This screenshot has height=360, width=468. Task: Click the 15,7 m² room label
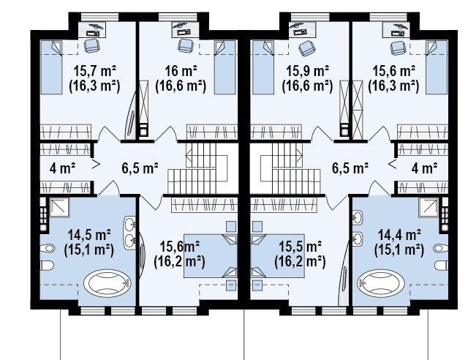[x=94, y=71]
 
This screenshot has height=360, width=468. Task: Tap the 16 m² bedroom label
[x=181, y=71]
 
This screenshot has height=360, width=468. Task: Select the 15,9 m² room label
[x=308, y=71]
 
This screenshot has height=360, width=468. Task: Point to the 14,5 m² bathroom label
[x=89, y=235]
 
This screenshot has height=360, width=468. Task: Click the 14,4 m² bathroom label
[x=399, y=235]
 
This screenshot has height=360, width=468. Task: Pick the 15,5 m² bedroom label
[x=301, y=247]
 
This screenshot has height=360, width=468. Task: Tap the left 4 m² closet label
[x=62, y=168]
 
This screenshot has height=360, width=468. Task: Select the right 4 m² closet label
[x=424, y=168]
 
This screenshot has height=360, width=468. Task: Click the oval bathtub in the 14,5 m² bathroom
[x=107, y=283]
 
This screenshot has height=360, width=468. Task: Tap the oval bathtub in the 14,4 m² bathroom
[x=381, y=282]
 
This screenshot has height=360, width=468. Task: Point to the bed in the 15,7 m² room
[x=51, y=67]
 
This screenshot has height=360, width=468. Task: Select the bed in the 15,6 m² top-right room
[x=437, y=67]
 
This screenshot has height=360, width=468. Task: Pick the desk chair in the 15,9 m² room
[x=306, y=48]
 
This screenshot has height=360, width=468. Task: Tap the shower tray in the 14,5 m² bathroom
[x=59, y=207]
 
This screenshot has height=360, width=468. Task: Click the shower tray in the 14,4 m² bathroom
[x=429, y=207]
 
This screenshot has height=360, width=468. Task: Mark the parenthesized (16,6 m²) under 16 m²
[x=181, y=86]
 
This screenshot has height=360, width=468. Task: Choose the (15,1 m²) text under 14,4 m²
[x=399, y=250]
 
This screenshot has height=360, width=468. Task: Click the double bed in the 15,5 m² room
[x=278, y=256]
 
